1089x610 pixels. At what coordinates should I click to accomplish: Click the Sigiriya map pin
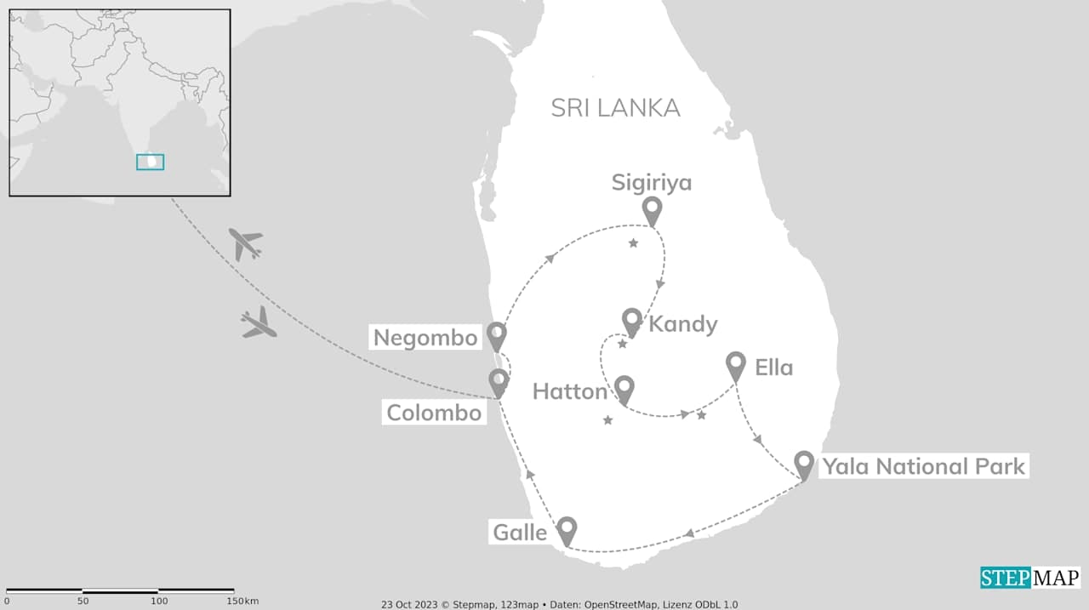click(652, 208)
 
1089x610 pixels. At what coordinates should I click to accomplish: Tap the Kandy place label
click(683, 324)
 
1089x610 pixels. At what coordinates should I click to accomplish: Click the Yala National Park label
click(923, 466)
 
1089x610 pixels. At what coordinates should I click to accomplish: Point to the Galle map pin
click(567, 529)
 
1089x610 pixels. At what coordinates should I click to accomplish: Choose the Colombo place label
click(434, 413)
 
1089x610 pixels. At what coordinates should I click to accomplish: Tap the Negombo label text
click(425, 338)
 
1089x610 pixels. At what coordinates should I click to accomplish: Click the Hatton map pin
click(624, 388)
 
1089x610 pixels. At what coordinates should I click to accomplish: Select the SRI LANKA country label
click(615, 108)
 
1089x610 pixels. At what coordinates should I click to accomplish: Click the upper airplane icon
click(246, 244)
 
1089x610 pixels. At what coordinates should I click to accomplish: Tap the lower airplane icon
click(259, 323)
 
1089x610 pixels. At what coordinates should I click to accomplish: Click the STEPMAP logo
click(1029, 578)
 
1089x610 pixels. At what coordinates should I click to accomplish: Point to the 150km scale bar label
click(244, 601)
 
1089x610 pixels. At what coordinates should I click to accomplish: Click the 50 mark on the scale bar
click(83, 601)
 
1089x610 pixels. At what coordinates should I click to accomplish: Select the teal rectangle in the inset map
click(150, 162)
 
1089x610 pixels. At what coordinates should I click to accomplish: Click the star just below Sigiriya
click(633, 244)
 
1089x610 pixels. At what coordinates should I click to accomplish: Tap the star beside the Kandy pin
click(622, 345)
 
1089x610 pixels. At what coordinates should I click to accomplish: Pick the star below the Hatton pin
click(607, 420)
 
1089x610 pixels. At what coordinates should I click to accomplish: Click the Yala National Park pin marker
click(804, 464)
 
